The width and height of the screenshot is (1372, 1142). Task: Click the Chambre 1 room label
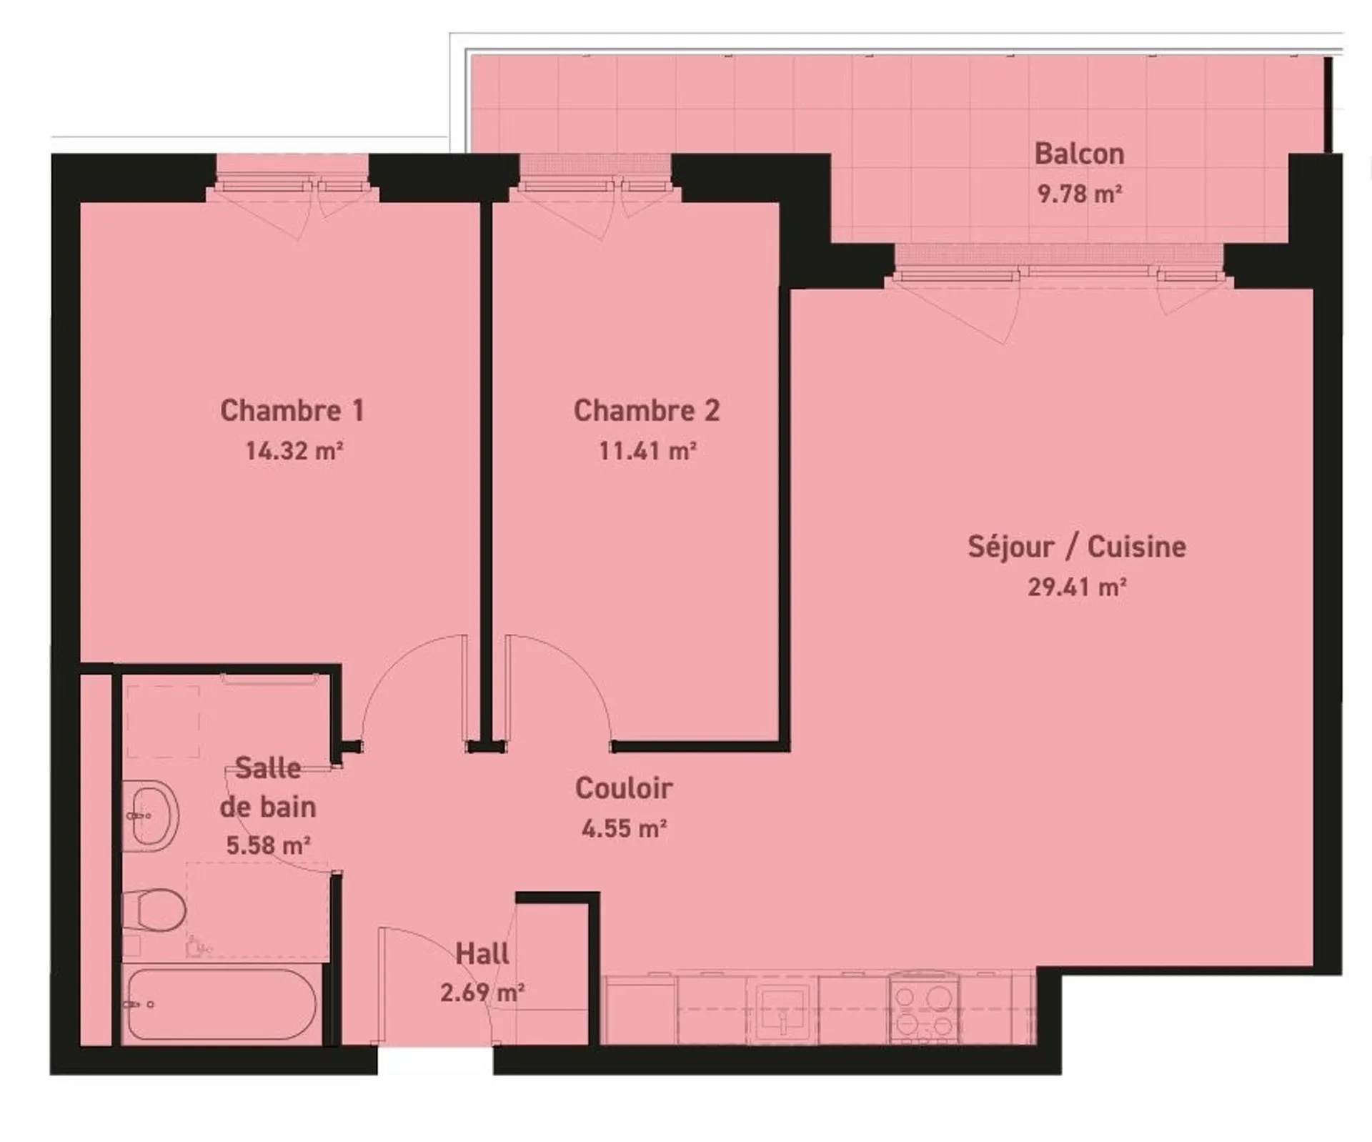[x=292, y=410]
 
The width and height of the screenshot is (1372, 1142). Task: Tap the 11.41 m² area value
[x=647, y=451]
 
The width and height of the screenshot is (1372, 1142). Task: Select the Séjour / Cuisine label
[x=1077, y=547]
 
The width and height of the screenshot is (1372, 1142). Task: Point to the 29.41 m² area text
[x=1077, y=587]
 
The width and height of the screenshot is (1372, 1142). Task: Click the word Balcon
[x=1079, y=154]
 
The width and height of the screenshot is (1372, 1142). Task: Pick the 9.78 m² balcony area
[x=1080, y=194]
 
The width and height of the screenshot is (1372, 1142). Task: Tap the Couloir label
[x=623, y=788]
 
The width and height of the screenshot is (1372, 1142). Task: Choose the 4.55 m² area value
[x=624, y=828]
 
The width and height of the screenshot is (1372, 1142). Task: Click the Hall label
[x=482, y=953]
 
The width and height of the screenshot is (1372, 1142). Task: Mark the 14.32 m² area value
[x=294, y=451]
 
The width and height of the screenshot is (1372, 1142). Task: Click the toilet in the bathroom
[x=154, y=910]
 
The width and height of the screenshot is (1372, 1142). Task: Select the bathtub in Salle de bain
[x=221, y=1004]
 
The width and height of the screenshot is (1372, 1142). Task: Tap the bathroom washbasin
[x=151, y=816]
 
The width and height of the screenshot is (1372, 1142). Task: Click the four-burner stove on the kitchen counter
[x=925, y=1008]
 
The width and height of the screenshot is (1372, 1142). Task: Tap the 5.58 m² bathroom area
[x=268, y=845]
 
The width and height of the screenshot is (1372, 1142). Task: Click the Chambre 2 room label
[x=647, y=410]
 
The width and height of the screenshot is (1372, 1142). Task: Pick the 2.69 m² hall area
[x=482, y=993]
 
